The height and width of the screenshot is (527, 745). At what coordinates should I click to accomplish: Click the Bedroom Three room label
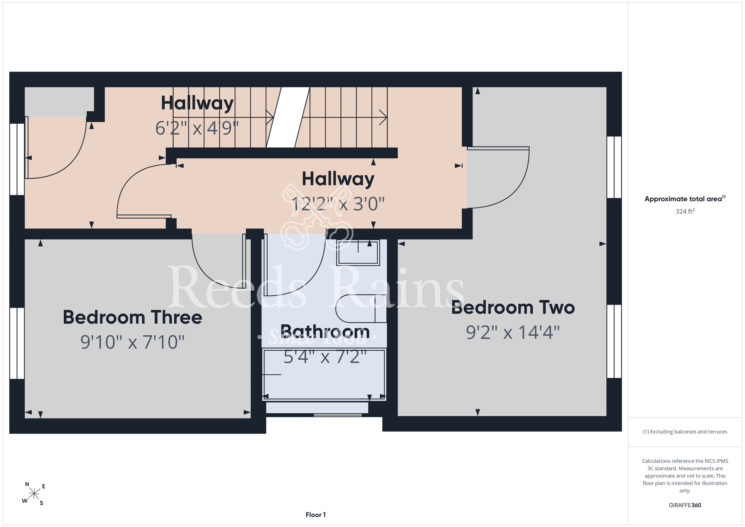pos(132,318)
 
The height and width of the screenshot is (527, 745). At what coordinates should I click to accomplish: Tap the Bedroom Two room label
pos(513,308)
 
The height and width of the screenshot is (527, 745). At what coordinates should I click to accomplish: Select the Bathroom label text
pos(325,331)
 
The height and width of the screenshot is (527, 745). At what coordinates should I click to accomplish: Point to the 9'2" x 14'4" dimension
pos(513,332)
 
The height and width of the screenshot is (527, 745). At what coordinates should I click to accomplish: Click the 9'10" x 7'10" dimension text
pos(132,342)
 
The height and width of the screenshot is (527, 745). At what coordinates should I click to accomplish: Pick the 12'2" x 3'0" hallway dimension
pos(338,204)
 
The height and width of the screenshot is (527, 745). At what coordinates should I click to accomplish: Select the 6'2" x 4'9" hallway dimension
pos(197,128)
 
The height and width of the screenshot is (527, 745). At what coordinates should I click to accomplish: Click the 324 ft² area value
pos(685,211)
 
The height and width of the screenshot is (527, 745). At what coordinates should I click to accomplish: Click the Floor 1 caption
pos(316,515)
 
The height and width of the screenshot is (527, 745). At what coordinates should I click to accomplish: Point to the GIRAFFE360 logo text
pos(685,505)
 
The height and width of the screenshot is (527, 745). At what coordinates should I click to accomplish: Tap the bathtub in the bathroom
pos(324,374)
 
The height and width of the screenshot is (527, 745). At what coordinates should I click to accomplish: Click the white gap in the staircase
pos(288,117)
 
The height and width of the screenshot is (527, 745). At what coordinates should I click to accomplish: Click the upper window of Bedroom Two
pos(614,167)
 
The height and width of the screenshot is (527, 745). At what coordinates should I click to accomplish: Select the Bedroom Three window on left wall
pos(17,343)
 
